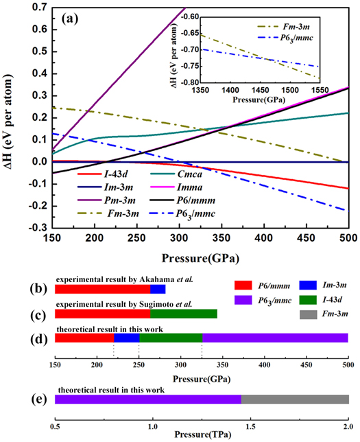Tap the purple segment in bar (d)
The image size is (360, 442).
coord(275,338)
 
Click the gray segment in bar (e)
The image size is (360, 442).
coord(295,399)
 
